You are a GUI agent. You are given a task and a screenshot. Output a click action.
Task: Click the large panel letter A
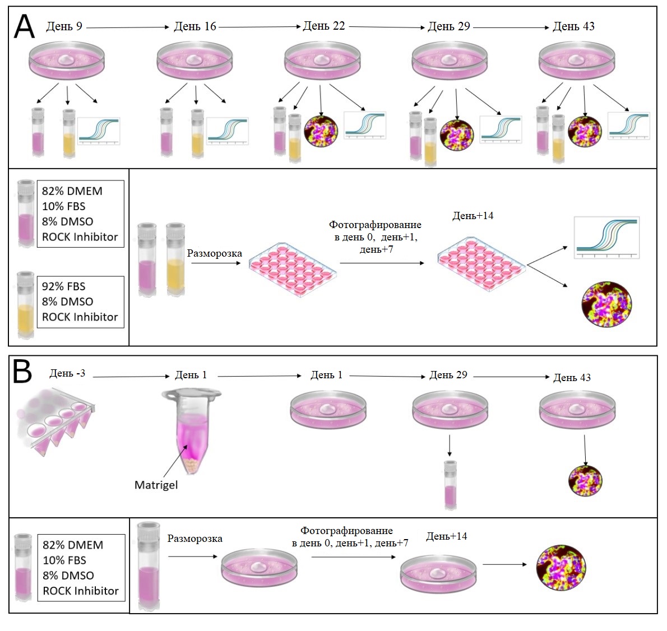24,26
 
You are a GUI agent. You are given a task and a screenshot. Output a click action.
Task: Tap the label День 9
64,26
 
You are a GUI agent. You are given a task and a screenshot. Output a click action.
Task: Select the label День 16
195,26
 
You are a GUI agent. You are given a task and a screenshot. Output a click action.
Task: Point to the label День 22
324,26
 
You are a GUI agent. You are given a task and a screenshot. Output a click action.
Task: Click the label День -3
67,373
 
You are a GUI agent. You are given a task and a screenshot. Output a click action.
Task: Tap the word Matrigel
156,485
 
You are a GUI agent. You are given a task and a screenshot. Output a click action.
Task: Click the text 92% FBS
63,286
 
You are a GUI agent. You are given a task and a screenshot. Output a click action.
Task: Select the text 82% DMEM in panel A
72,191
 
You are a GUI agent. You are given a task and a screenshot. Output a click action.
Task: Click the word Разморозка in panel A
215,253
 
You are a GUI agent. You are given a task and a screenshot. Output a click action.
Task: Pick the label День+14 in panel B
447,536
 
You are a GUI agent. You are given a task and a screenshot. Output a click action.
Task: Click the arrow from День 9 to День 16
128,27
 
